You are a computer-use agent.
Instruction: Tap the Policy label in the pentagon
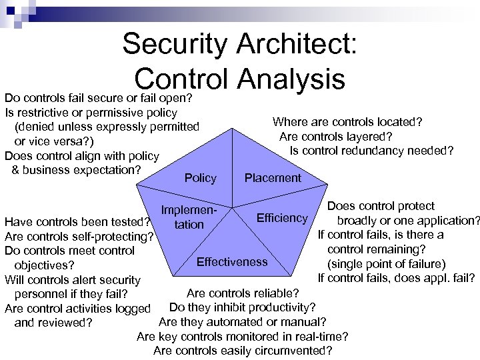(200, 178)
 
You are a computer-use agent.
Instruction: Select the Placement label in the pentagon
(273, 178)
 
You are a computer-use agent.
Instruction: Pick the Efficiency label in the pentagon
(283, 218)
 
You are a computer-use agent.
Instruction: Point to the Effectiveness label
(231, 261)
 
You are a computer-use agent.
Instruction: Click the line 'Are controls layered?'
(335, 136)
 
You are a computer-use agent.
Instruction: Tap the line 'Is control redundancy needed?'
(371, 151)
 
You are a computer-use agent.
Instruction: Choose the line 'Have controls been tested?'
(76, 221)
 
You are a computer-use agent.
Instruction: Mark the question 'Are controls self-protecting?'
(79, 236)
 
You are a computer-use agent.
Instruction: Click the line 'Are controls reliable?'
(243, 293)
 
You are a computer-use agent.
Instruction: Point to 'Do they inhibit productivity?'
(243, 307)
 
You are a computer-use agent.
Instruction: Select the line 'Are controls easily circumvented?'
(243, 351)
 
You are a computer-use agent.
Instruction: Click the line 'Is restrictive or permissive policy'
(91, 112)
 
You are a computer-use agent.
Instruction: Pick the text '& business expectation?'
(77, 169)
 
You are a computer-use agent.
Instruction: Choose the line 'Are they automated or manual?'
(243, 322)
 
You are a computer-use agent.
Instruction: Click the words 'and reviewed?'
(53, 323)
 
